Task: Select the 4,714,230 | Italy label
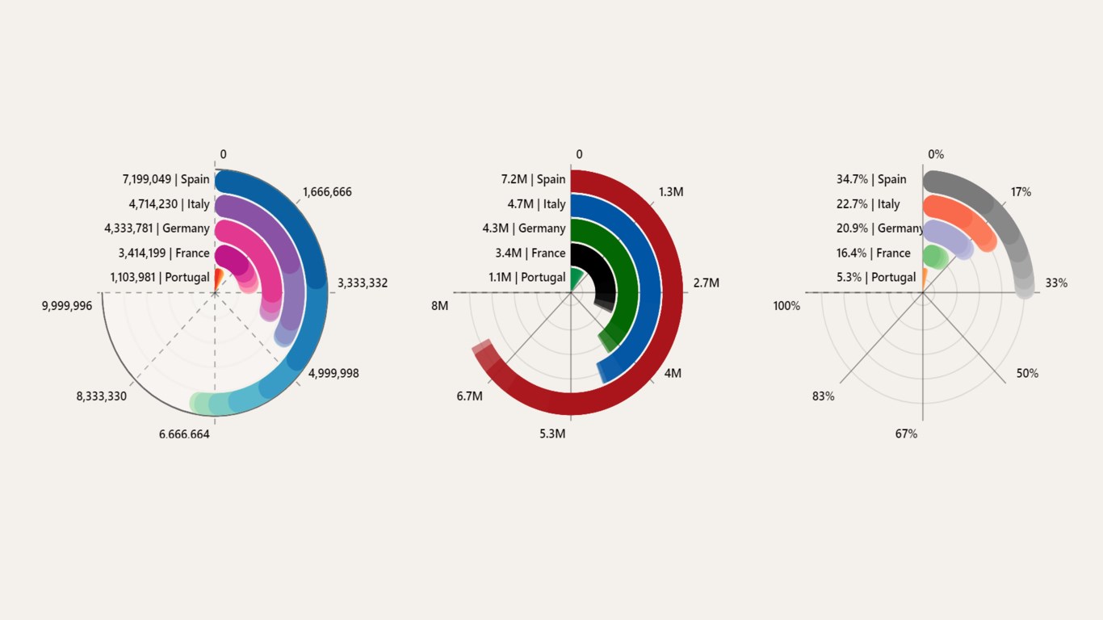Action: tap(169, 204)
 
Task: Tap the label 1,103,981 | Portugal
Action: tap(160, 278)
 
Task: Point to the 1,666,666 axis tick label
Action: tap(327, 192)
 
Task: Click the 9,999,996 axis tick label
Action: tap(67, 306)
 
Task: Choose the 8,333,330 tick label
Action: tap(101, 396)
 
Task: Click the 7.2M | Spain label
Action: tap(533, 179)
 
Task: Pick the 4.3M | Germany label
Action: tap(524, 228)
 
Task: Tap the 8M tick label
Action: tap(439, 306)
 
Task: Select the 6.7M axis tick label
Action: tap(469, 396)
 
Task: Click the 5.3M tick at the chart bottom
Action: tap(553, 434)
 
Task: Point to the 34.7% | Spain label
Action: tap(871, 179)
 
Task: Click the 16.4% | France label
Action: tap(874, 253)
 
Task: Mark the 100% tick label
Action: tap(786, 306)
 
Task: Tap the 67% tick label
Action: tap(906, 434)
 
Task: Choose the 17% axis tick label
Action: tap(1021, 192)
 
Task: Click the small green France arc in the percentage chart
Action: tap(935, 257)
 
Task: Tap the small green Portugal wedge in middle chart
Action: tap(576, 279)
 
